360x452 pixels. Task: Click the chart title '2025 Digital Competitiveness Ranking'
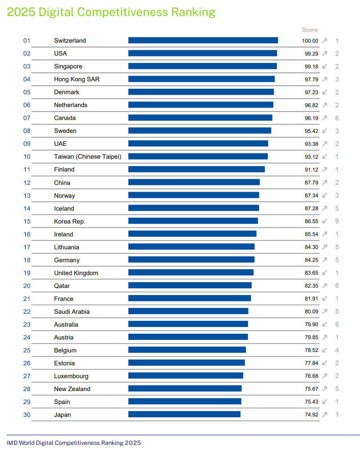111,12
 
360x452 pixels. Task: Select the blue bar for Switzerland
203,40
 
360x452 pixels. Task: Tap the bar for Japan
184,415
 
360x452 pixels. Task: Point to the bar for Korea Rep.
193,221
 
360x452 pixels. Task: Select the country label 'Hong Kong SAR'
77,79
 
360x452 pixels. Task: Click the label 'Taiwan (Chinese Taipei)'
88,156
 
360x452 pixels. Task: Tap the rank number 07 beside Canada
27,118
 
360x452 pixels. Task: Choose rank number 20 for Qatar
27,286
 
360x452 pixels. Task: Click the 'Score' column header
310,30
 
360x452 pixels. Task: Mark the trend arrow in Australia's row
325,324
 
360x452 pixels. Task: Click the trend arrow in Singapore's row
325,66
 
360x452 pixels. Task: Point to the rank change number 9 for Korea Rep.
337,221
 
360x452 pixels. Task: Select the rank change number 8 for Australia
337,324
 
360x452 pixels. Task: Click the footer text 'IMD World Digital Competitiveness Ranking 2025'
74,443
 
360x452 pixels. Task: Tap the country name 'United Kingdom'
76,273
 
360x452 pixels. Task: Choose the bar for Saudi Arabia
188,312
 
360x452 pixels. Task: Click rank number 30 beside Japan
27,415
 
